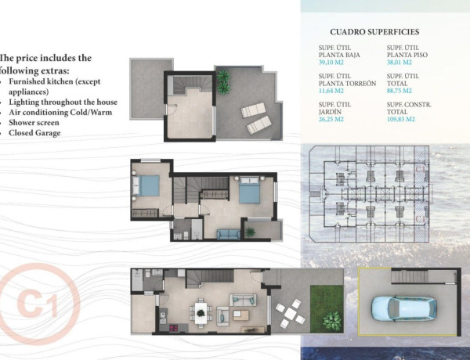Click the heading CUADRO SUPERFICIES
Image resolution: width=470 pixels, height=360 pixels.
pos(375,32)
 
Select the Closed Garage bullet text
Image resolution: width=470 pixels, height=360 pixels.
pos(36,133)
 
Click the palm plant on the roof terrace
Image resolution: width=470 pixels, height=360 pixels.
pos(224,78)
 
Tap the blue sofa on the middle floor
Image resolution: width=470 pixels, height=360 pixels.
pos(227,233)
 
